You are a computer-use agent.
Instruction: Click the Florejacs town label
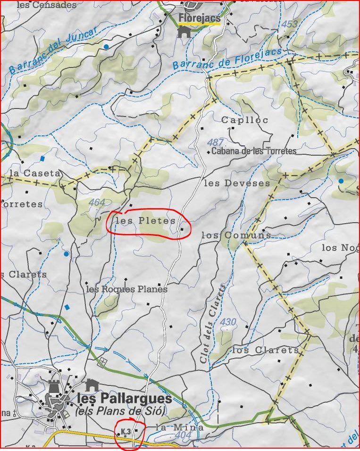point(199,18)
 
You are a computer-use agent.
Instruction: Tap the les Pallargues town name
point(124,399)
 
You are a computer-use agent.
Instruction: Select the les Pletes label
point(145,221)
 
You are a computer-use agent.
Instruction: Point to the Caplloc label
point(245,120)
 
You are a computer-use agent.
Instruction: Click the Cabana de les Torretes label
point(254,151)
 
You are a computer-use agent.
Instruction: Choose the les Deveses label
point(237,183)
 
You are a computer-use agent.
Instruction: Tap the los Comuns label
point(236,235)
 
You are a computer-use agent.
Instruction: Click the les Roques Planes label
point(126,289)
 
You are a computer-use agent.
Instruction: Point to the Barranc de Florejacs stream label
point(227,59)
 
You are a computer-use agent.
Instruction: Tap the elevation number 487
point(215,142)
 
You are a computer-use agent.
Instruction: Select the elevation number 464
point(97,202)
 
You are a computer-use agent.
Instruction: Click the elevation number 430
point(228,322)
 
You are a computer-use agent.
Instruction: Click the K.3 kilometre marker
point(126,431)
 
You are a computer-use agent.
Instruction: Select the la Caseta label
point(35,173)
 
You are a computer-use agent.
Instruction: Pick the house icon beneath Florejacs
point(184,32)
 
